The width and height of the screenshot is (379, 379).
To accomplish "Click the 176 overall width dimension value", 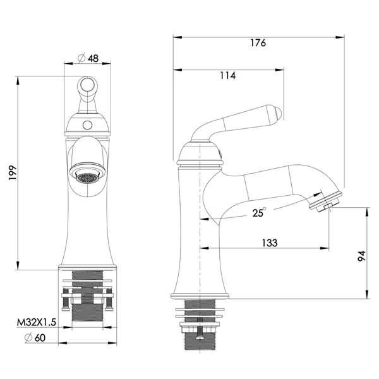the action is click(258, 43).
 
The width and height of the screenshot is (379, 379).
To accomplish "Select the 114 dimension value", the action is click(227, 76).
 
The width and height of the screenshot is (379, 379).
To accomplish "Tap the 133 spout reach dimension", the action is click(270, 243).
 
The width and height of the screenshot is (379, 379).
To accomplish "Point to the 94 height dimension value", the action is click(361, 256).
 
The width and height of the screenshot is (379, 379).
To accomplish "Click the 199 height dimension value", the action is click(13, 172).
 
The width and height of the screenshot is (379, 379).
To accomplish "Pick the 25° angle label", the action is click(259, 213).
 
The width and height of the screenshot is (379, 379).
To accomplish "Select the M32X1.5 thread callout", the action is click(36, 322).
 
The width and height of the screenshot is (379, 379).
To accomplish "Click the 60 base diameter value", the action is click(40, 338).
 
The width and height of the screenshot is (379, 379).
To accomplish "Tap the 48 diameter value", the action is click(93, 58).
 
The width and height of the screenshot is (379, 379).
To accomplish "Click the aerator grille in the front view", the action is click(87, 178).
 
